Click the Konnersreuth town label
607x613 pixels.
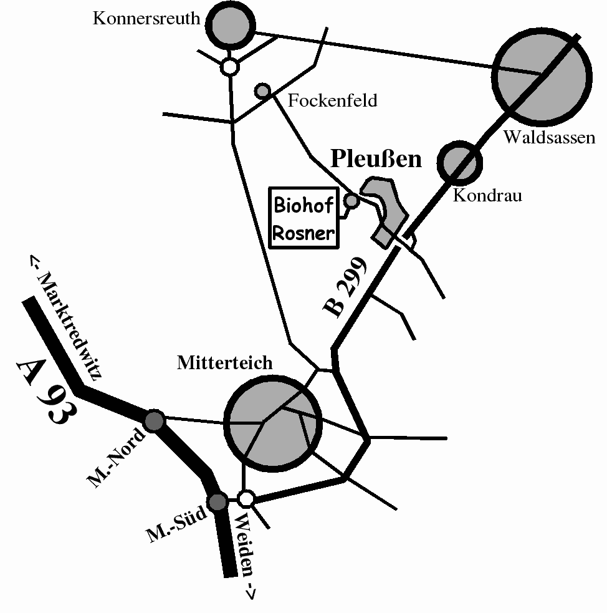point(146,18)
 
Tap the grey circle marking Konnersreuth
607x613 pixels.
point(231,24)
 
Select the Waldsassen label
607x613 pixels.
point(549,137)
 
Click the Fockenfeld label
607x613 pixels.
point(333,100)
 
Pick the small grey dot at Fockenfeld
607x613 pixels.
point(262,91)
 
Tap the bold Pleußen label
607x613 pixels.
point(376,159)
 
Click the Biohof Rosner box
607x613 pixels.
point(304,218)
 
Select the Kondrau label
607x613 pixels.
point(487,195)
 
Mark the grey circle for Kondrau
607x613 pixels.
point(460,163)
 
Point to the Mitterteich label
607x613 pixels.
point(224,363)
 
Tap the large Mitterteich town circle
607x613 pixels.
point(272,423)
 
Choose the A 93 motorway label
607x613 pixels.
point(47,392)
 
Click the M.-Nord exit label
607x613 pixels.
point(116,457)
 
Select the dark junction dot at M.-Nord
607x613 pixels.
point(154,421)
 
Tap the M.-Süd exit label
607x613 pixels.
point(176,524)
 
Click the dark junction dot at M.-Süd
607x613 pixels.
point(217,501)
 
